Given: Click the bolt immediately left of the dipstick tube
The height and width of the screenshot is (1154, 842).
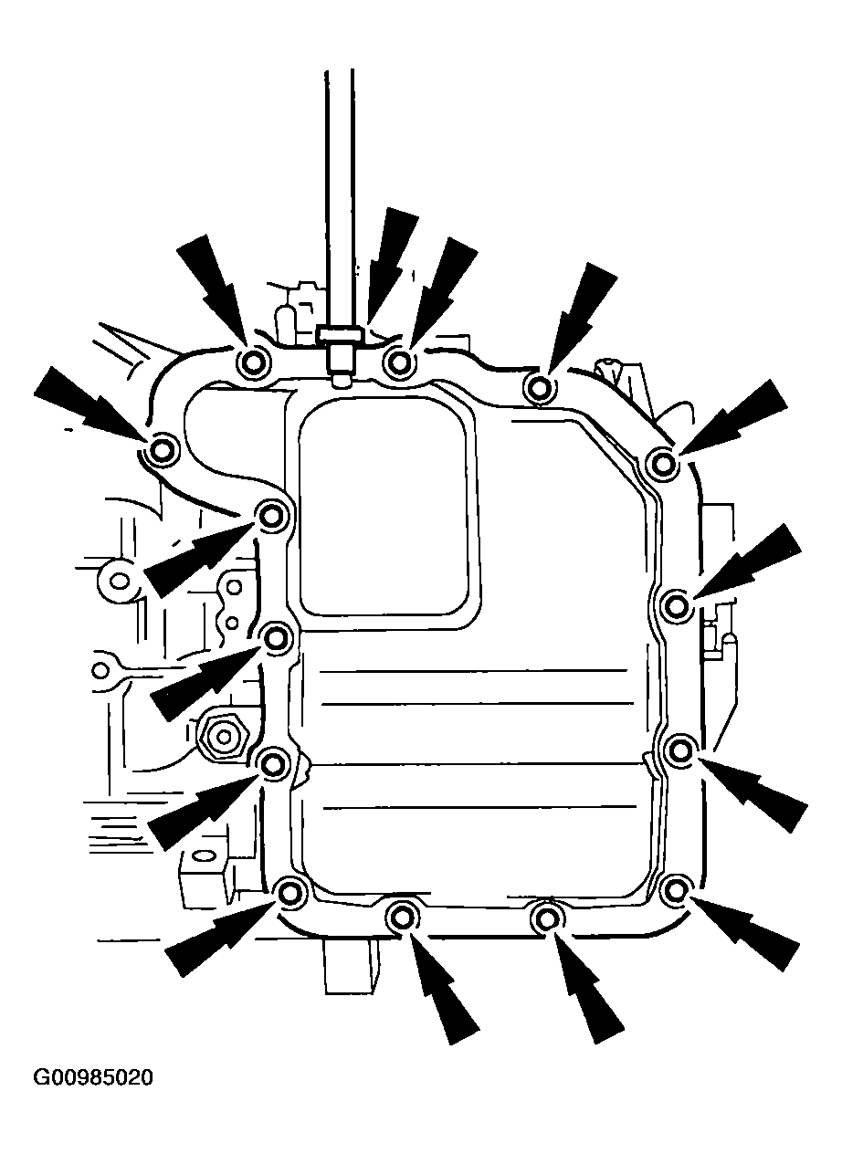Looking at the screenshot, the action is coord(252,363).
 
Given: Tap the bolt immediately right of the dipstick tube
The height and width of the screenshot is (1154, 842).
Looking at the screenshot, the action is coord(399,363).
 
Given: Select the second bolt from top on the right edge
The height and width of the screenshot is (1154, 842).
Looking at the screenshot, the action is coord(677,606).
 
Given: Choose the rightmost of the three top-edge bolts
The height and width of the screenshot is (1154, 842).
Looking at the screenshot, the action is coord(539,386).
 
